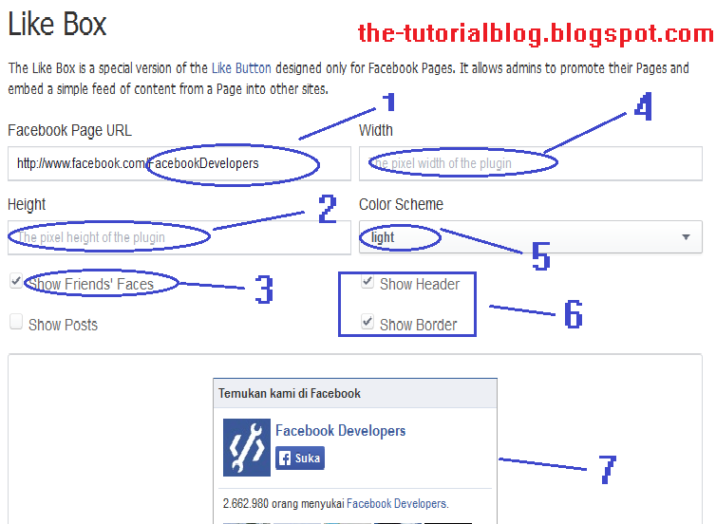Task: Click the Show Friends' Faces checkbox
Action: coord(16,282)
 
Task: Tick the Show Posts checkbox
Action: coord(16,323)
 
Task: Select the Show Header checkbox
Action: coord(367,283)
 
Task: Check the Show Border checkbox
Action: coord(367,324)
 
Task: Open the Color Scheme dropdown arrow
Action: coord(686,237)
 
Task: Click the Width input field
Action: coord(530,163)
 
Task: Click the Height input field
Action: coord(179,237)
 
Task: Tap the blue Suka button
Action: coord(300,458)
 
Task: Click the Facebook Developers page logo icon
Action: coord(246,447)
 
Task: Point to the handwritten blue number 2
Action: coord(328,209)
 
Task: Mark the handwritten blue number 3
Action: coord(264,290)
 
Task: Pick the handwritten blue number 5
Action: coord(540,255)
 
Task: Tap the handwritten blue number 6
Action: coord(573,314)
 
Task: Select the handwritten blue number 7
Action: coord(607,468)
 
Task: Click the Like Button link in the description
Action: coord(241,68)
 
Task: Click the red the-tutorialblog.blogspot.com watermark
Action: coord(536,34)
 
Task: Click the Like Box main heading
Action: coord(57,24)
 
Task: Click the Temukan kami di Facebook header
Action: coord(290,393)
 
